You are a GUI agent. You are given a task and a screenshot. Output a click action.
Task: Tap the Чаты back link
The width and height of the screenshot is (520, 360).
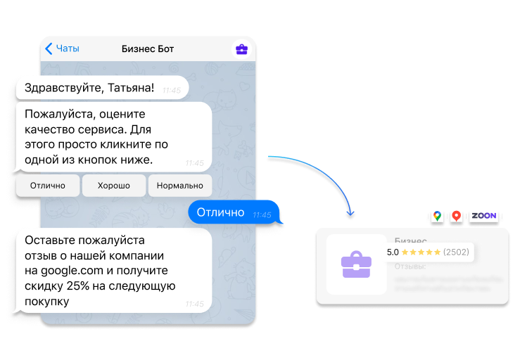(x=62, y=49)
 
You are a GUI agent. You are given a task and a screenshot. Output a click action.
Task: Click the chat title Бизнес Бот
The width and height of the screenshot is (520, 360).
(x=148, y=49)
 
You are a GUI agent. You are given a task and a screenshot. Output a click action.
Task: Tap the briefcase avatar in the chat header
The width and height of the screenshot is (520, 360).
(x=241, y=49)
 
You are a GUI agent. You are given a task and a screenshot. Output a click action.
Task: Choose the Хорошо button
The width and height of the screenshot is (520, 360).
(x=114, y=186)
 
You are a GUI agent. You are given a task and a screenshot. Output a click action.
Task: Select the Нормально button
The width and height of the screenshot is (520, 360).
(x=179, y=186)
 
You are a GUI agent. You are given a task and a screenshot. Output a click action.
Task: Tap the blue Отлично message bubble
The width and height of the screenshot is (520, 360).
(x=220, y=212)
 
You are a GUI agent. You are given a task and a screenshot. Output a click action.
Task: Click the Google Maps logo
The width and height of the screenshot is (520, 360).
(x=437, y=217)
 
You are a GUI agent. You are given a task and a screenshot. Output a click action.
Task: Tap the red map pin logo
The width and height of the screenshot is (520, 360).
(x=456, y=217)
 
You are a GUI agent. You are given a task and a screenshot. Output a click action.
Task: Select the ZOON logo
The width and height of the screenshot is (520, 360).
(x=483, y=216)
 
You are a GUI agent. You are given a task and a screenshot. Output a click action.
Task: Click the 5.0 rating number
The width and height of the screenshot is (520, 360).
(x=393, y=252)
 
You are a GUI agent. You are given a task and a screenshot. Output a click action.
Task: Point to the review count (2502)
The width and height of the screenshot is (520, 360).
(x=456, y=252)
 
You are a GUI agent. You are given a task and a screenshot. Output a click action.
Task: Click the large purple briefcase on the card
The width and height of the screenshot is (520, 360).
(x=356, y=264)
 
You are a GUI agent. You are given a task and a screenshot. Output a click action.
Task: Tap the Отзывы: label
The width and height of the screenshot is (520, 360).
(x=410, y=266)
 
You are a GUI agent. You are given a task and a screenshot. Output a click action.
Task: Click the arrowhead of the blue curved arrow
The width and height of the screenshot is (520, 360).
(x=352, y=212)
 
